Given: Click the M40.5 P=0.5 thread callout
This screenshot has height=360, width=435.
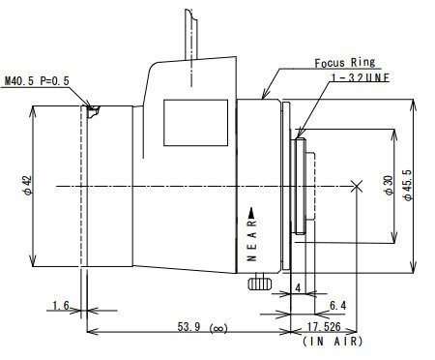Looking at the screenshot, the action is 37,80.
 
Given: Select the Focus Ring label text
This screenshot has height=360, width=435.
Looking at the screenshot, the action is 345,63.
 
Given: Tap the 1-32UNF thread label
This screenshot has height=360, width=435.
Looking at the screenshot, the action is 361,77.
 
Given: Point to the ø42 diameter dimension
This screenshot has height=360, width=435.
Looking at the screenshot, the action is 28,185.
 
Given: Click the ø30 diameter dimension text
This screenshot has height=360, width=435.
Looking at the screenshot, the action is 390,185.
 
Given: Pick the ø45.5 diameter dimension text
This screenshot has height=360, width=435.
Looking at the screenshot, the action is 408,185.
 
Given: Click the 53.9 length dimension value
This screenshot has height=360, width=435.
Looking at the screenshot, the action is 188,327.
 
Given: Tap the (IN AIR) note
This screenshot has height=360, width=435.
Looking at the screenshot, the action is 333,342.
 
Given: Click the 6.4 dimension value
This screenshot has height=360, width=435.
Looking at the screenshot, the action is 338,305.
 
